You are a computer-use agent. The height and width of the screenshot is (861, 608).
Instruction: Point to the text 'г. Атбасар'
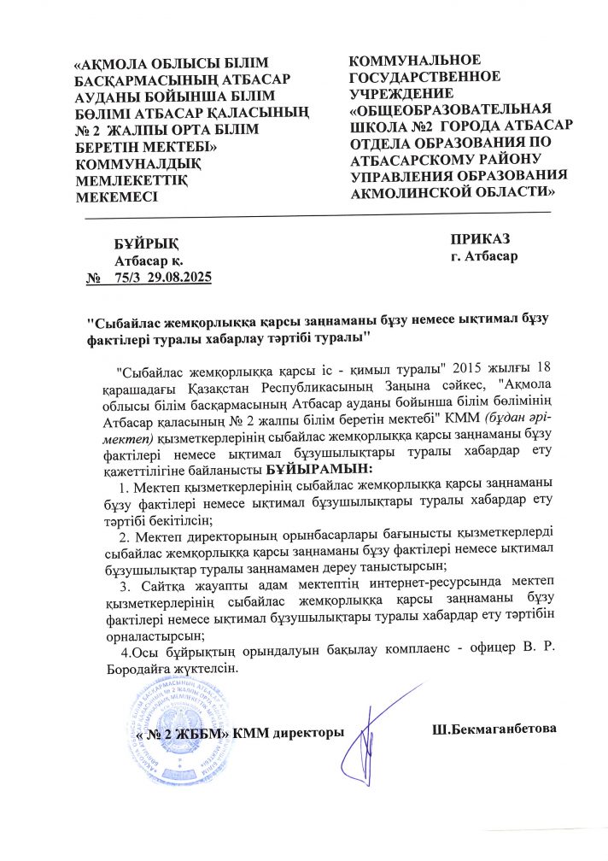[x=483, y=255]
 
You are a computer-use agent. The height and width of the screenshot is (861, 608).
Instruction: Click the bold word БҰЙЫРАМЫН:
[x=319, y=469]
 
